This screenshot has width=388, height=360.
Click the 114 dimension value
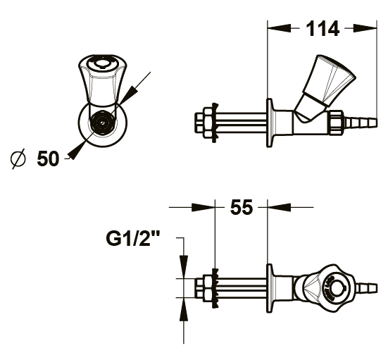(x=323, y=29)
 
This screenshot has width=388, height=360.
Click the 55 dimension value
(x=242, y=207)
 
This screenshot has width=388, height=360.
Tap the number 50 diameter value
(x=49, y=159)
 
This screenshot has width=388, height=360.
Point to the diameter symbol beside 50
(x=18, y=159)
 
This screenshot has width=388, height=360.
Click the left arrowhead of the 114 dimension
(x=279, y=28)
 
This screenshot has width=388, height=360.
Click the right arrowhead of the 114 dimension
(x=365, y=28)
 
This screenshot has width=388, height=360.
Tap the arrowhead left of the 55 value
(x=204, y=207)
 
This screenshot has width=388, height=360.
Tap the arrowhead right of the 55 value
(x=279, y=207)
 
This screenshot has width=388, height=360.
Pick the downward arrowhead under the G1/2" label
(x=184, y=266)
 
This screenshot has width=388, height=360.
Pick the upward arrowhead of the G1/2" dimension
(x=184, y=309)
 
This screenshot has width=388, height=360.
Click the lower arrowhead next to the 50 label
(x=77, y=151)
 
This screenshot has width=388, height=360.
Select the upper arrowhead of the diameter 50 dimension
(x=129, y=95)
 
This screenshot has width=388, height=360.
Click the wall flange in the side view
(x=270, y=123)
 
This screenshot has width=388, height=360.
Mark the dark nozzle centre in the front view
(x=102, y=123)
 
